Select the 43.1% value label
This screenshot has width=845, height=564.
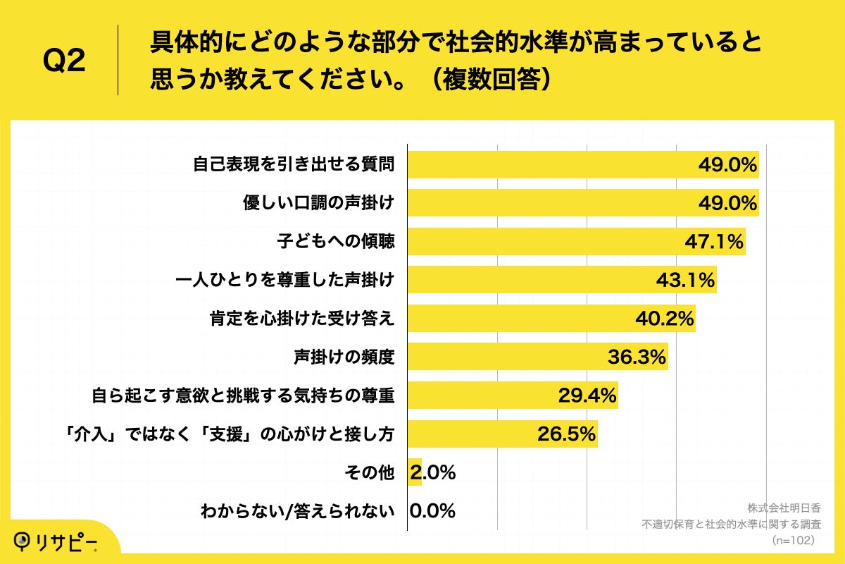point(685,281)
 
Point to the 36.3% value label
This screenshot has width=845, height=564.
point(637,357)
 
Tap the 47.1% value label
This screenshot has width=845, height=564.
point(714,242)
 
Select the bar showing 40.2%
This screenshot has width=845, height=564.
point(521,319)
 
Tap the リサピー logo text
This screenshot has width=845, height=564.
point(67,541)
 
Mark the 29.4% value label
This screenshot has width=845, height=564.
point(587,396)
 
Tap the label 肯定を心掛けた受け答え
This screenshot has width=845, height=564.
point(302,319)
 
